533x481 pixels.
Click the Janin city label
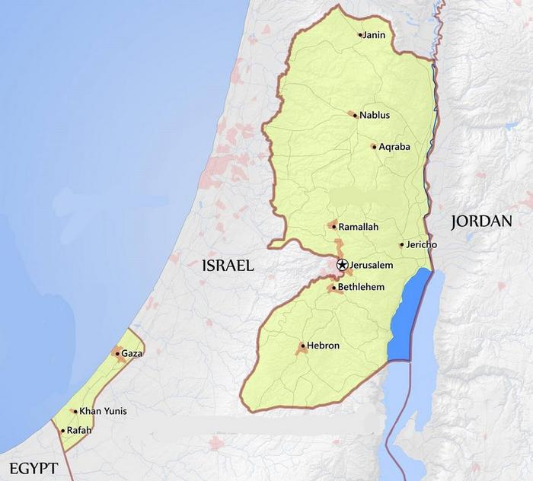[374, 35]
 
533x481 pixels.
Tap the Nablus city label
[374, 115]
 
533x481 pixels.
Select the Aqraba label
[394, 146]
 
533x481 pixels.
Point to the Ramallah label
[358, 227]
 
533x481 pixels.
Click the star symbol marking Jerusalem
[343, 264]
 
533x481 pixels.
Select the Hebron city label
[323, 346]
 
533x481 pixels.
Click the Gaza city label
[132, 353]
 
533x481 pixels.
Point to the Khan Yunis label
[103, 411]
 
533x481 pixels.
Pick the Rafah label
[79, 430]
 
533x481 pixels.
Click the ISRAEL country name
[227, 266]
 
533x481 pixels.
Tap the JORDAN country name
[480, 221]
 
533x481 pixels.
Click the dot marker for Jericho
[401, 244]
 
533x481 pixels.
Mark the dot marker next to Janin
[360, 35]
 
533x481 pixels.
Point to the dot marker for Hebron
[302, 346]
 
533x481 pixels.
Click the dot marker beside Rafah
[63, 430]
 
